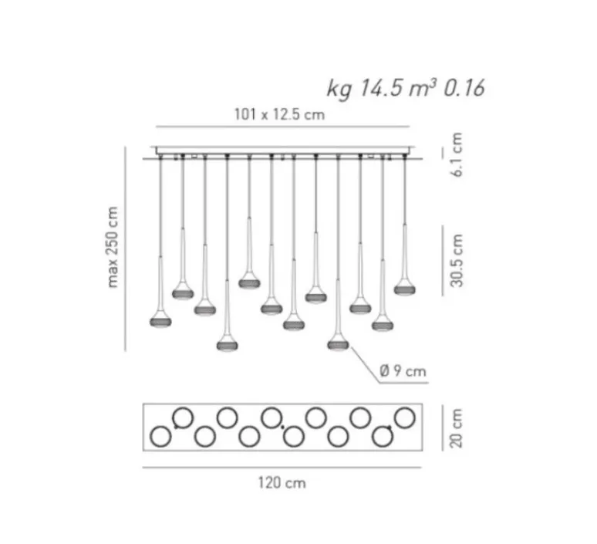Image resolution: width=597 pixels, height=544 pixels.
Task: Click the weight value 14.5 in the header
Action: pyautogui.click(x=381, y=88)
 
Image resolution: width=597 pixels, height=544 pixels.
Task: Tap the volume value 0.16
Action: pyautogui.click(x=464, y=88)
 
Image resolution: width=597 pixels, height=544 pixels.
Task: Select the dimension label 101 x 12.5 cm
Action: pyautogui.click(x=279, y=114)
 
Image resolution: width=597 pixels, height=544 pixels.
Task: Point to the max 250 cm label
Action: pyautogui.click(x=113, y=247)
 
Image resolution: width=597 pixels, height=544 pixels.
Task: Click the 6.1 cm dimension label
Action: pyautogui.click(x=456, y=154)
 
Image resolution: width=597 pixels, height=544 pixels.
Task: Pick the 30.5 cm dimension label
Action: pyautogui.click(x=456, y=261)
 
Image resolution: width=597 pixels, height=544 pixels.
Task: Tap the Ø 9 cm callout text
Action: pyautogui.click(x=403, y=370)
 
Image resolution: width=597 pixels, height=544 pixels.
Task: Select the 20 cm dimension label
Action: pyautogui.click(x=456, y=427)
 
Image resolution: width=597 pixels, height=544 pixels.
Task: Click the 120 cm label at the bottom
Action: pyautogui.click(x=282, y=483)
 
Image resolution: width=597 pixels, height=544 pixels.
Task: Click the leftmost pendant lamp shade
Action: pyautogui.click(x=160, y=322)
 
